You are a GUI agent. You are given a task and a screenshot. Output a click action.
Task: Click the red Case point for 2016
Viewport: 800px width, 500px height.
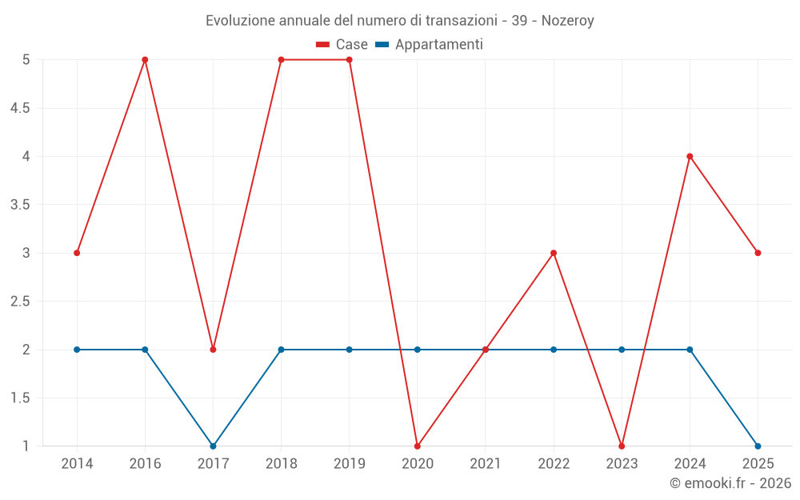[145, 60]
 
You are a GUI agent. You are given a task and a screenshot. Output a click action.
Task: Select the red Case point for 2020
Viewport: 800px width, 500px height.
[418, 446]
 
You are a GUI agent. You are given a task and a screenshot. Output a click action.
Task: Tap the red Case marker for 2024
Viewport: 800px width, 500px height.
[690, 156]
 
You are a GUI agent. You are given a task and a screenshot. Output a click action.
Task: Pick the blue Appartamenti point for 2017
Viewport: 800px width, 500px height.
[213, 446]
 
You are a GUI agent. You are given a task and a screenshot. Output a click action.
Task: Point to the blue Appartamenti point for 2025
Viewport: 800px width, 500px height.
[758, 446]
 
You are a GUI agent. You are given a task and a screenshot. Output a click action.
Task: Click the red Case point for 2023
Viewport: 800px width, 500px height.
[622, 446]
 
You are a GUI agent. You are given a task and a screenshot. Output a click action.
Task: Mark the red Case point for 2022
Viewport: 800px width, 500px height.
[554, 253]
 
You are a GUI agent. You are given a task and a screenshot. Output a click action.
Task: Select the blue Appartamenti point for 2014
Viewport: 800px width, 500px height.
[77, 350]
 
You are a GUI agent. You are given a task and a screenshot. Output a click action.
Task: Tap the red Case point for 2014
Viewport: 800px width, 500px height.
[77, 253]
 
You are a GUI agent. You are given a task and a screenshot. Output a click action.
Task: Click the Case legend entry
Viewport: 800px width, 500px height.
[342, 45]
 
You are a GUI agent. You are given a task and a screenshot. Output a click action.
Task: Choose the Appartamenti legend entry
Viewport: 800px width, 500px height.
[430, 45]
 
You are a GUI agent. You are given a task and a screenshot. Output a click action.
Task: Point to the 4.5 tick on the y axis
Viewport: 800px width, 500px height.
[20, 108]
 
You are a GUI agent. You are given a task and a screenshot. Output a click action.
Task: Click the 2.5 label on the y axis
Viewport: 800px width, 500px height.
[20, 302]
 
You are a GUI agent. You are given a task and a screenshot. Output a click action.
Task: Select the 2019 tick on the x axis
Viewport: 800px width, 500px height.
[350, 464]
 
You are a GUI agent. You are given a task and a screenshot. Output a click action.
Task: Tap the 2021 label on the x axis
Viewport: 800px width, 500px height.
[486, 464]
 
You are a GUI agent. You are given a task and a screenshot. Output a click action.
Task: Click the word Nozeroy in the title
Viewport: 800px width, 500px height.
[567, 21]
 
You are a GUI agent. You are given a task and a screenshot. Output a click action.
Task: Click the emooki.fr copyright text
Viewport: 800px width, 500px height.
[730, 483]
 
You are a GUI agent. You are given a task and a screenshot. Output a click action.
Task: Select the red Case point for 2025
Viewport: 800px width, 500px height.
[758, 253]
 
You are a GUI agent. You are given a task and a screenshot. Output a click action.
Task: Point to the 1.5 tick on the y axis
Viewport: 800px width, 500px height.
[20, 398]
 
